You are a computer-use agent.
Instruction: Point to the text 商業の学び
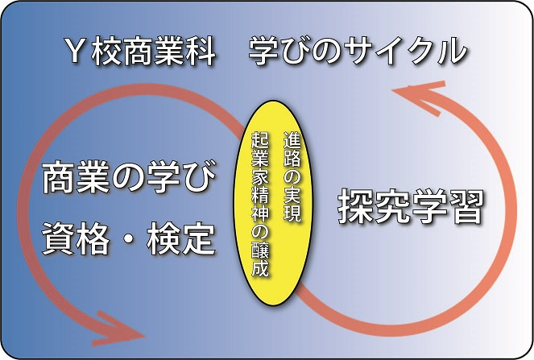tap(130, 176)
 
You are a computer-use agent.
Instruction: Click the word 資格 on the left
tap(76, 238)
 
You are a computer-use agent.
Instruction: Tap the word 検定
tap(181, 238)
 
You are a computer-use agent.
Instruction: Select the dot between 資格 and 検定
tap(129, 239)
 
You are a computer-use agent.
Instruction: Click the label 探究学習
tap(411, 206)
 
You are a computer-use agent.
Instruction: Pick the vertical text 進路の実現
tap(292, 177)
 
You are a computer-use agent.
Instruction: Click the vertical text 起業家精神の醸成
tap(260, 205)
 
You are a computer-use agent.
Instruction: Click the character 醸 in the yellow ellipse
tap(260, 250)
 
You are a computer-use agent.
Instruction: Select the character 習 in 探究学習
tap(466, 206)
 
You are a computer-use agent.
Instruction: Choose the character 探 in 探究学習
tap(355, 206)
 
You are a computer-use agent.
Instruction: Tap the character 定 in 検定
tap(199, 238)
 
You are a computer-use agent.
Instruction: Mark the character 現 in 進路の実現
tap(292, 214)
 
